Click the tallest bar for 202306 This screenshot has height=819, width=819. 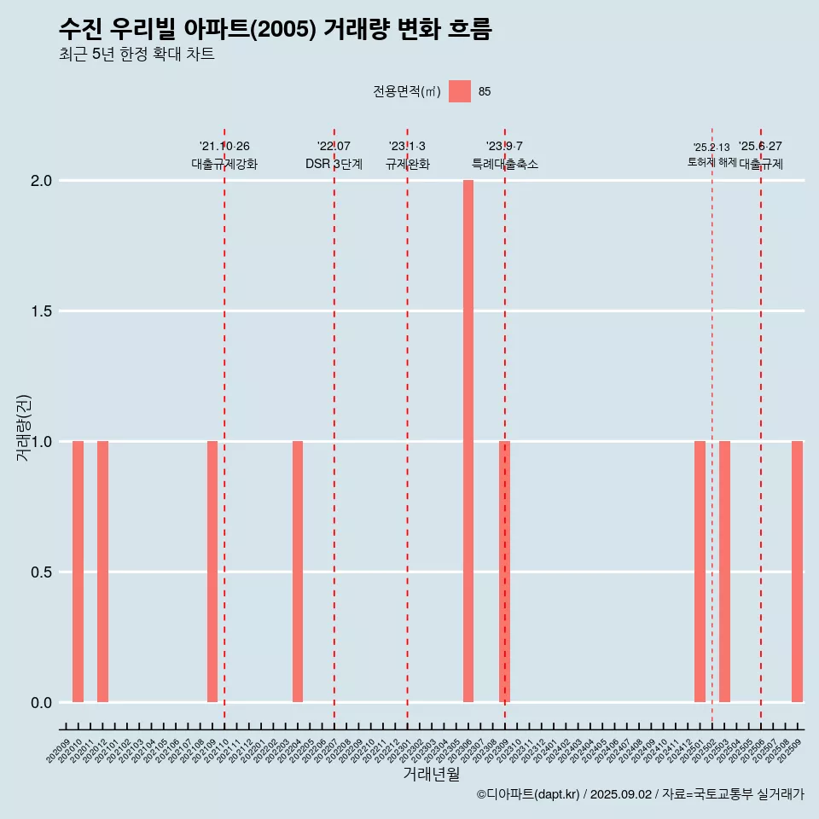tap(468, 441)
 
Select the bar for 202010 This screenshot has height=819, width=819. tap(78, 572)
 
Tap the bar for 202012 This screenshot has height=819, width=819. tap(102, 572)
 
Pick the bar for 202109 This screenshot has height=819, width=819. tap(212, 572)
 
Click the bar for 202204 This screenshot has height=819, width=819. tap(298, 572)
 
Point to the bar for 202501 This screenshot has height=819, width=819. tap(700, 572)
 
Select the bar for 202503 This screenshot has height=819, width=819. tap(724, 572)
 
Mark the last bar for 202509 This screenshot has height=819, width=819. tap(797, 572)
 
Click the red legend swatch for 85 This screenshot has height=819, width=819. tap(460, 91)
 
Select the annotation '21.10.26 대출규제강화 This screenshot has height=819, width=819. tap(224, 155)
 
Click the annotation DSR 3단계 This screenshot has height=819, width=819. tap(334, 164)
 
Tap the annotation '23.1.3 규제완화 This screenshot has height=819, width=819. tap(407, 155)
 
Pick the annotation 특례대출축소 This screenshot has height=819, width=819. tap(504, 164)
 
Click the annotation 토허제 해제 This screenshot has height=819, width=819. tap(712, 162)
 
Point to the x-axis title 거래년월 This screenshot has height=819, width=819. tap(431, 775)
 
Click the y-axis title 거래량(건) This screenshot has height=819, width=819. tap(24, 427)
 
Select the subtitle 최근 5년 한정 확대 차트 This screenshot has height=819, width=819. tap(136, 55)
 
